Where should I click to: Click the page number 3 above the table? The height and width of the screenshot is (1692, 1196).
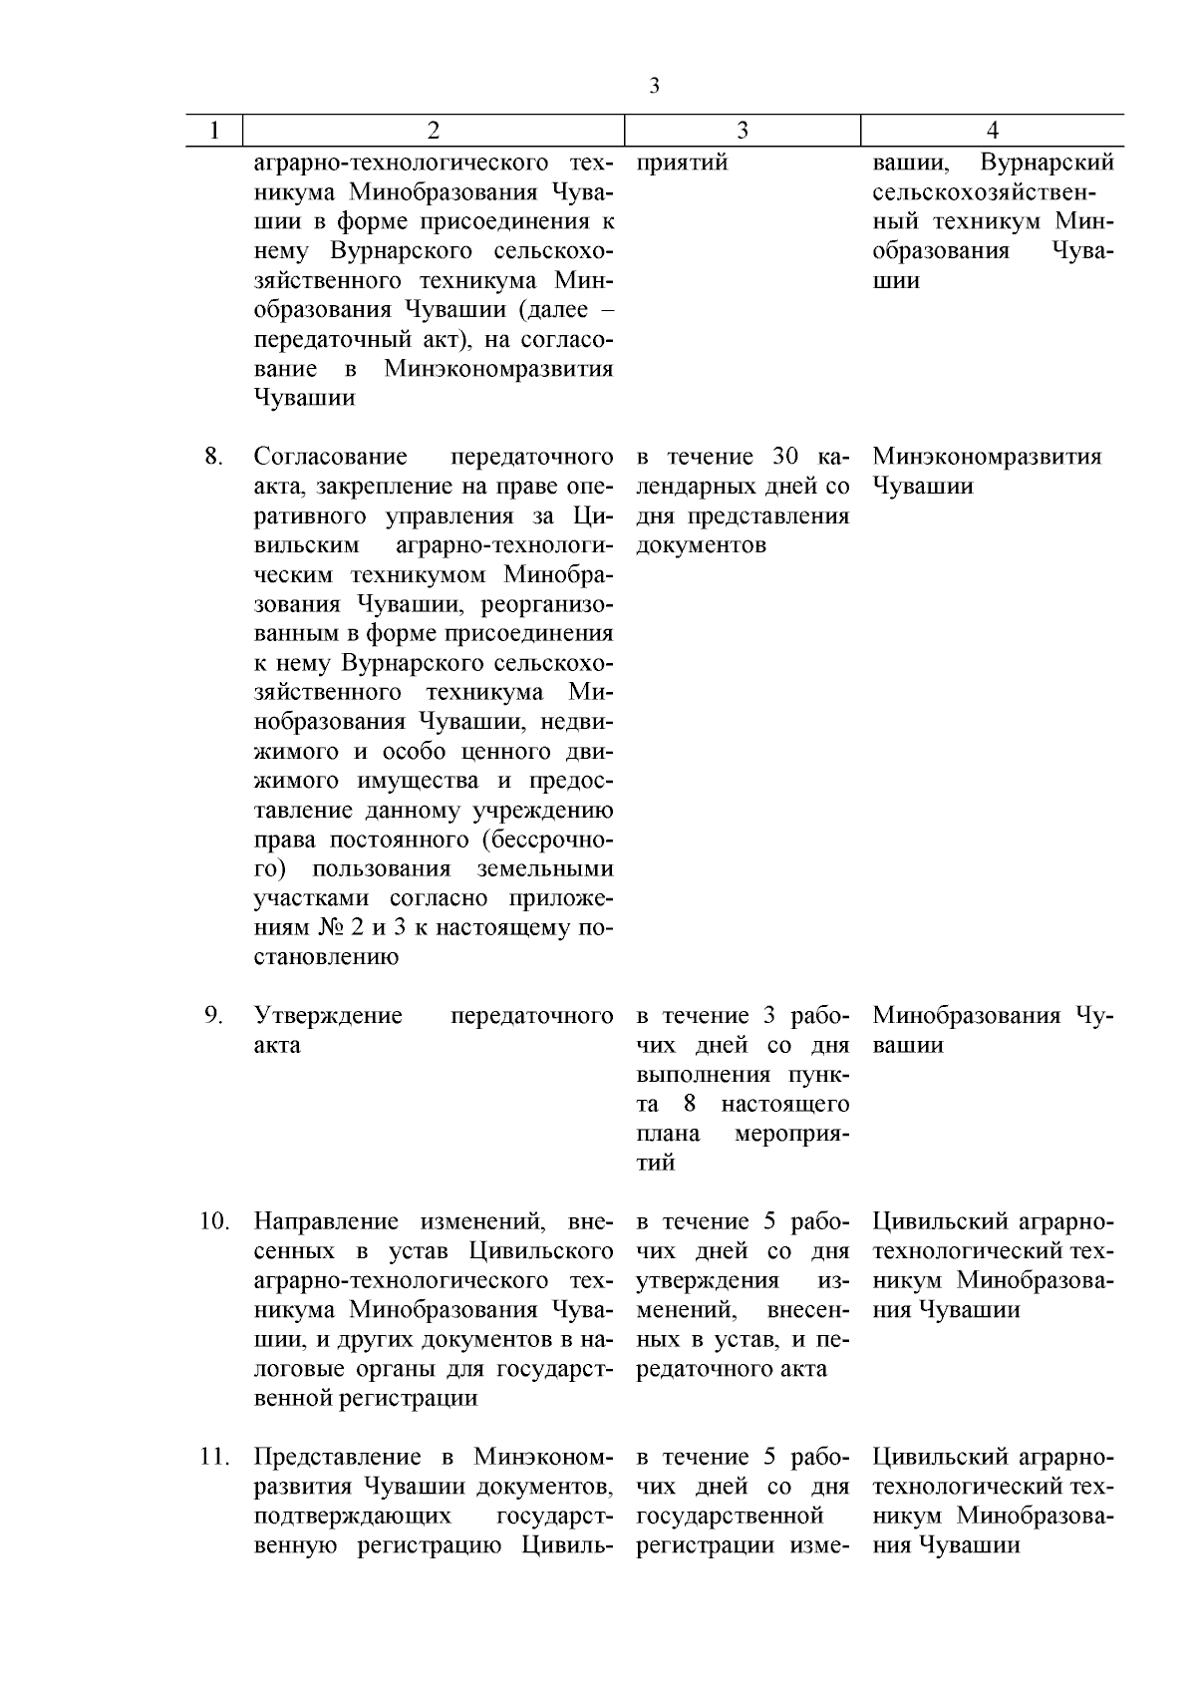(654, 86)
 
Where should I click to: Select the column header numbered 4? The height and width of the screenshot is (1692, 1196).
(993, 131)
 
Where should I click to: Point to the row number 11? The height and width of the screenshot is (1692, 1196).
(214, 1457)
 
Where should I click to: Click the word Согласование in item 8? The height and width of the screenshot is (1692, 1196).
(330, 457)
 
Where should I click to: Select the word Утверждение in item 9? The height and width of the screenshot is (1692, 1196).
(328, 1016)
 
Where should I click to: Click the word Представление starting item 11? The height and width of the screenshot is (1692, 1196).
(345, 1457)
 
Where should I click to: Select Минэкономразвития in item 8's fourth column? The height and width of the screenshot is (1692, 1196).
(987, 457)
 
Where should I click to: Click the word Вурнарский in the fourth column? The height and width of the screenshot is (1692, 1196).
(1046, 163)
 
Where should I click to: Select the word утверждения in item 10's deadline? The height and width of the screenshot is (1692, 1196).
(708, 1280)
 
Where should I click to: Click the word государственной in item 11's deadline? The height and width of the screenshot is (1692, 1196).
(730, 1517)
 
